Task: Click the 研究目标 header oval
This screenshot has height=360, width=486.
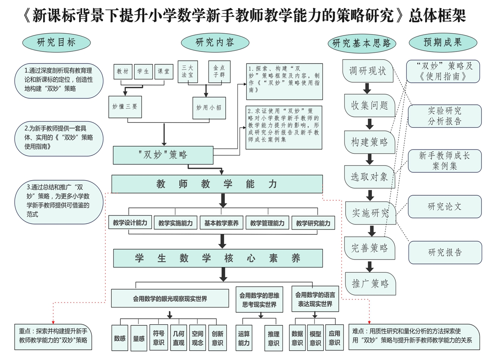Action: (x=57, y=43)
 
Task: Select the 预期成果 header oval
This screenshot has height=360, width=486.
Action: (x=443, y=43)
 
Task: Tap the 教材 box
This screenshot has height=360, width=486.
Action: (x=123, y=71)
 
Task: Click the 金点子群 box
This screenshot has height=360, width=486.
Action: (x=219, y=71)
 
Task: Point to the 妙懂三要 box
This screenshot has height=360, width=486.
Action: (x=125, y=107)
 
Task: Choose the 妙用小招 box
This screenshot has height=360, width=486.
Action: (x=209, y=108)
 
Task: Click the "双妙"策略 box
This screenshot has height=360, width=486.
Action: (x=163, y=155)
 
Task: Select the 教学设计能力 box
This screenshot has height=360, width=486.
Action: (x=130, y=223)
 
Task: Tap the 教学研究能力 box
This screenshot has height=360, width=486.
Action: (x=313, y=223)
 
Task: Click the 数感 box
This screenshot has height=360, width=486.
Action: (x=120, y=338)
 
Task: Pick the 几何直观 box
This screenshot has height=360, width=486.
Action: (x=178, y=338)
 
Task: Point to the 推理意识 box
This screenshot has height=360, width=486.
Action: (x=274, y=338)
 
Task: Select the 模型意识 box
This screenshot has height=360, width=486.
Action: (x=315, y=338)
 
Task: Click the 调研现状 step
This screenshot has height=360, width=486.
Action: (x=368, y=71)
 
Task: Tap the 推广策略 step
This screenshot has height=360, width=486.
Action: (x=370, y=283)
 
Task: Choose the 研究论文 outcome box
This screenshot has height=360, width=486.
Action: (x=444, y=207)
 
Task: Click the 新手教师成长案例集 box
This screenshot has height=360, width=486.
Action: (x=444, y=161)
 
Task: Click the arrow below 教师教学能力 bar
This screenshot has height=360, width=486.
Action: (x=223, y=200)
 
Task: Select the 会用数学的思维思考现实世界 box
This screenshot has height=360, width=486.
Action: (x=260, y=300)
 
